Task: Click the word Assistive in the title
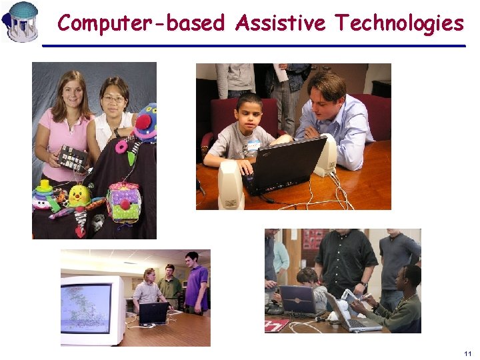[280, 23]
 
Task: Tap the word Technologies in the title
[399, 24]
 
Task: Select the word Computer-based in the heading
[141, 23]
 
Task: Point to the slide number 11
[467, 353]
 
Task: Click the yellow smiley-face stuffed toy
[79, 195]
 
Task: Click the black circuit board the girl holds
[72, 157]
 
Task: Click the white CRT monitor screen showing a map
[87, 307]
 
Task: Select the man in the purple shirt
[196, 283]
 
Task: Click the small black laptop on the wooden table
[153, 313]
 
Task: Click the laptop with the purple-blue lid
[298, 299]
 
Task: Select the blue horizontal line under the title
[253, 45]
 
